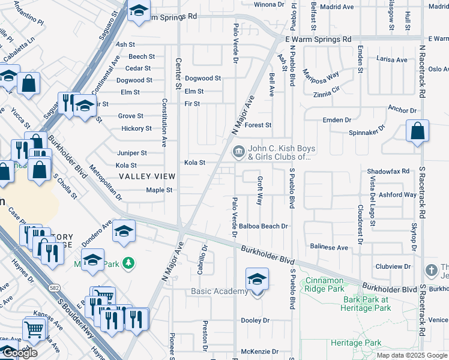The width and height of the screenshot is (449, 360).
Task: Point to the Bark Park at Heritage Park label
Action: point(367,304)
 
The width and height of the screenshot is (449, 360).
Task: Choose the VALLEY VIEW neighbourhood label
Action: point(147,176)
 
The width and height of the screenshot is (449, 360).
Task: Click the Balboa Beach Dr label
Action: point(264,226)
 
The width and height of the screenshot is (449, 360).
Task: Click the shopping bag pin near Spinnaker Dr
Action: point(417,131)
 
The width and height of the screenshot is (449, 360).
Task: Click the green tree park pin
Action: point(127,263)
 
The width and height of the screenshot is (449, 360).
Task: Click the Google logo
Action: point(20,353)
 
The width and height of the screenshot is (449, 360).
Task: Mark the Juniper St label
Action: point(132,153)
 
